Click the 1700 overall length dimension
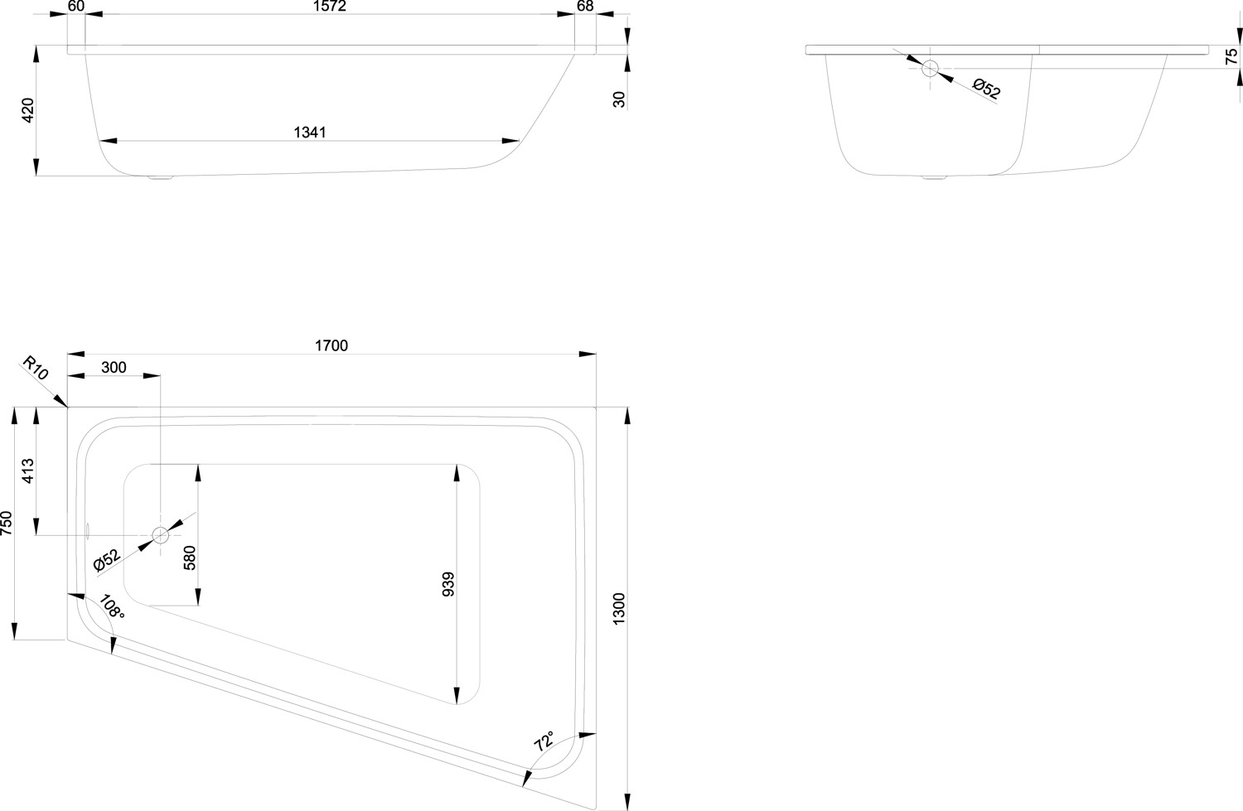click(331, 345)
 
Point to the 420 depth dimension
click(27, 110)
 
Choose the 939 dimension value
click(448, 584)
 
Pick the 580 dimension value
click(189, 556)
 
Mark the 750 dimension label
click(7, 524)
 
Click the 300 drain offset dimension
click(114, 367)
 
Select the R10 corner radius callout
click(35, 368)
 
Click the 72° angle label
click(544, 741)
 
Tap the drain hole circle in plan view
click(160, 535)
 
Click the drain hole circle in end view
click(930, 69)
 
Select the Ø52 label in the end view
click(986, 88)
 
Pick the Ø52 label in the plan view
click(107, 560)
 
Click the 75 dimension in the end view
click(1231, 56)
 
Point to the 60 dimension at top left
click(75, 7)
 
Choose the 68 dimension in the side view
click(585, 7)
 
